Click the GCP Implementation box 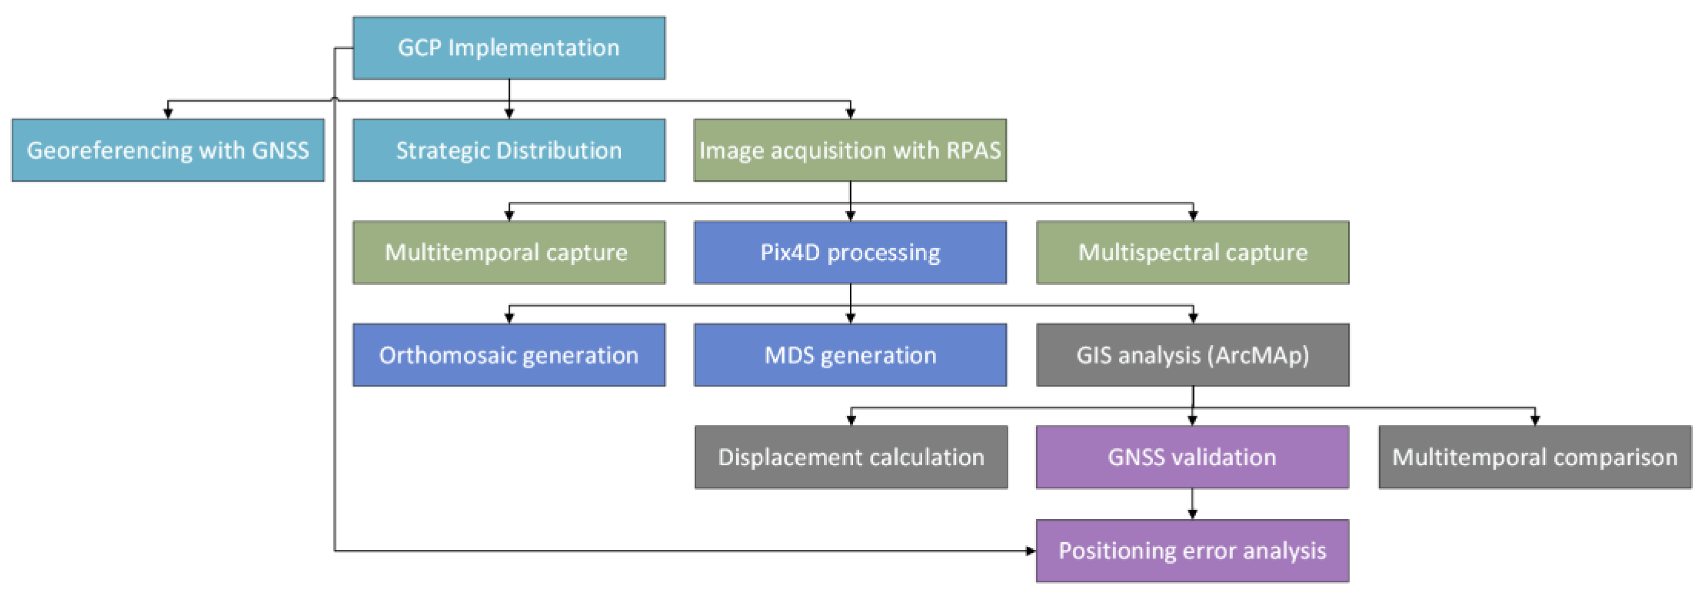(x=509, y=48)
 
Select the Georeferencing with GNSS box (x=168, y=150)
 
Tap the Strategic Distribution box (x=509, y=150)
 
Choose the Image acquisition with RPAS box (x=850, y=150)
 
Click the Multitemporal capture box (x=509, y=253)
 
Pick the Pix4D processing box (x=850, y=253)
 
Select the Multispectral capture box (x=1192, y=253)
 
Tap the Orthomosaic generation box (x=509, y=355)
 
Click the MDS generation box (x=850, y=355)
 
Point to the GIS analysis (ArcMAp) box (x=1192, y=355)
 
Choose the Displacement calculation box (x=851, y=457)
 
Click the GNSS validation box (x=1192, y=457)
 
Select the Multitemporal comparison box (x=1534, y=457)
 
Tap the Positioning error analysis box (x=1192, y=550)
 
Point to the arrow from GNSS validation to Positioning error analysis (x=1192, y=504)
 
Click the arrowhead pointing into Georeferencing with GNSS (x=168, y=114)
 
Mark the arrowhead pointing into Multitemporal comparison (x=1534, y=420)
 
